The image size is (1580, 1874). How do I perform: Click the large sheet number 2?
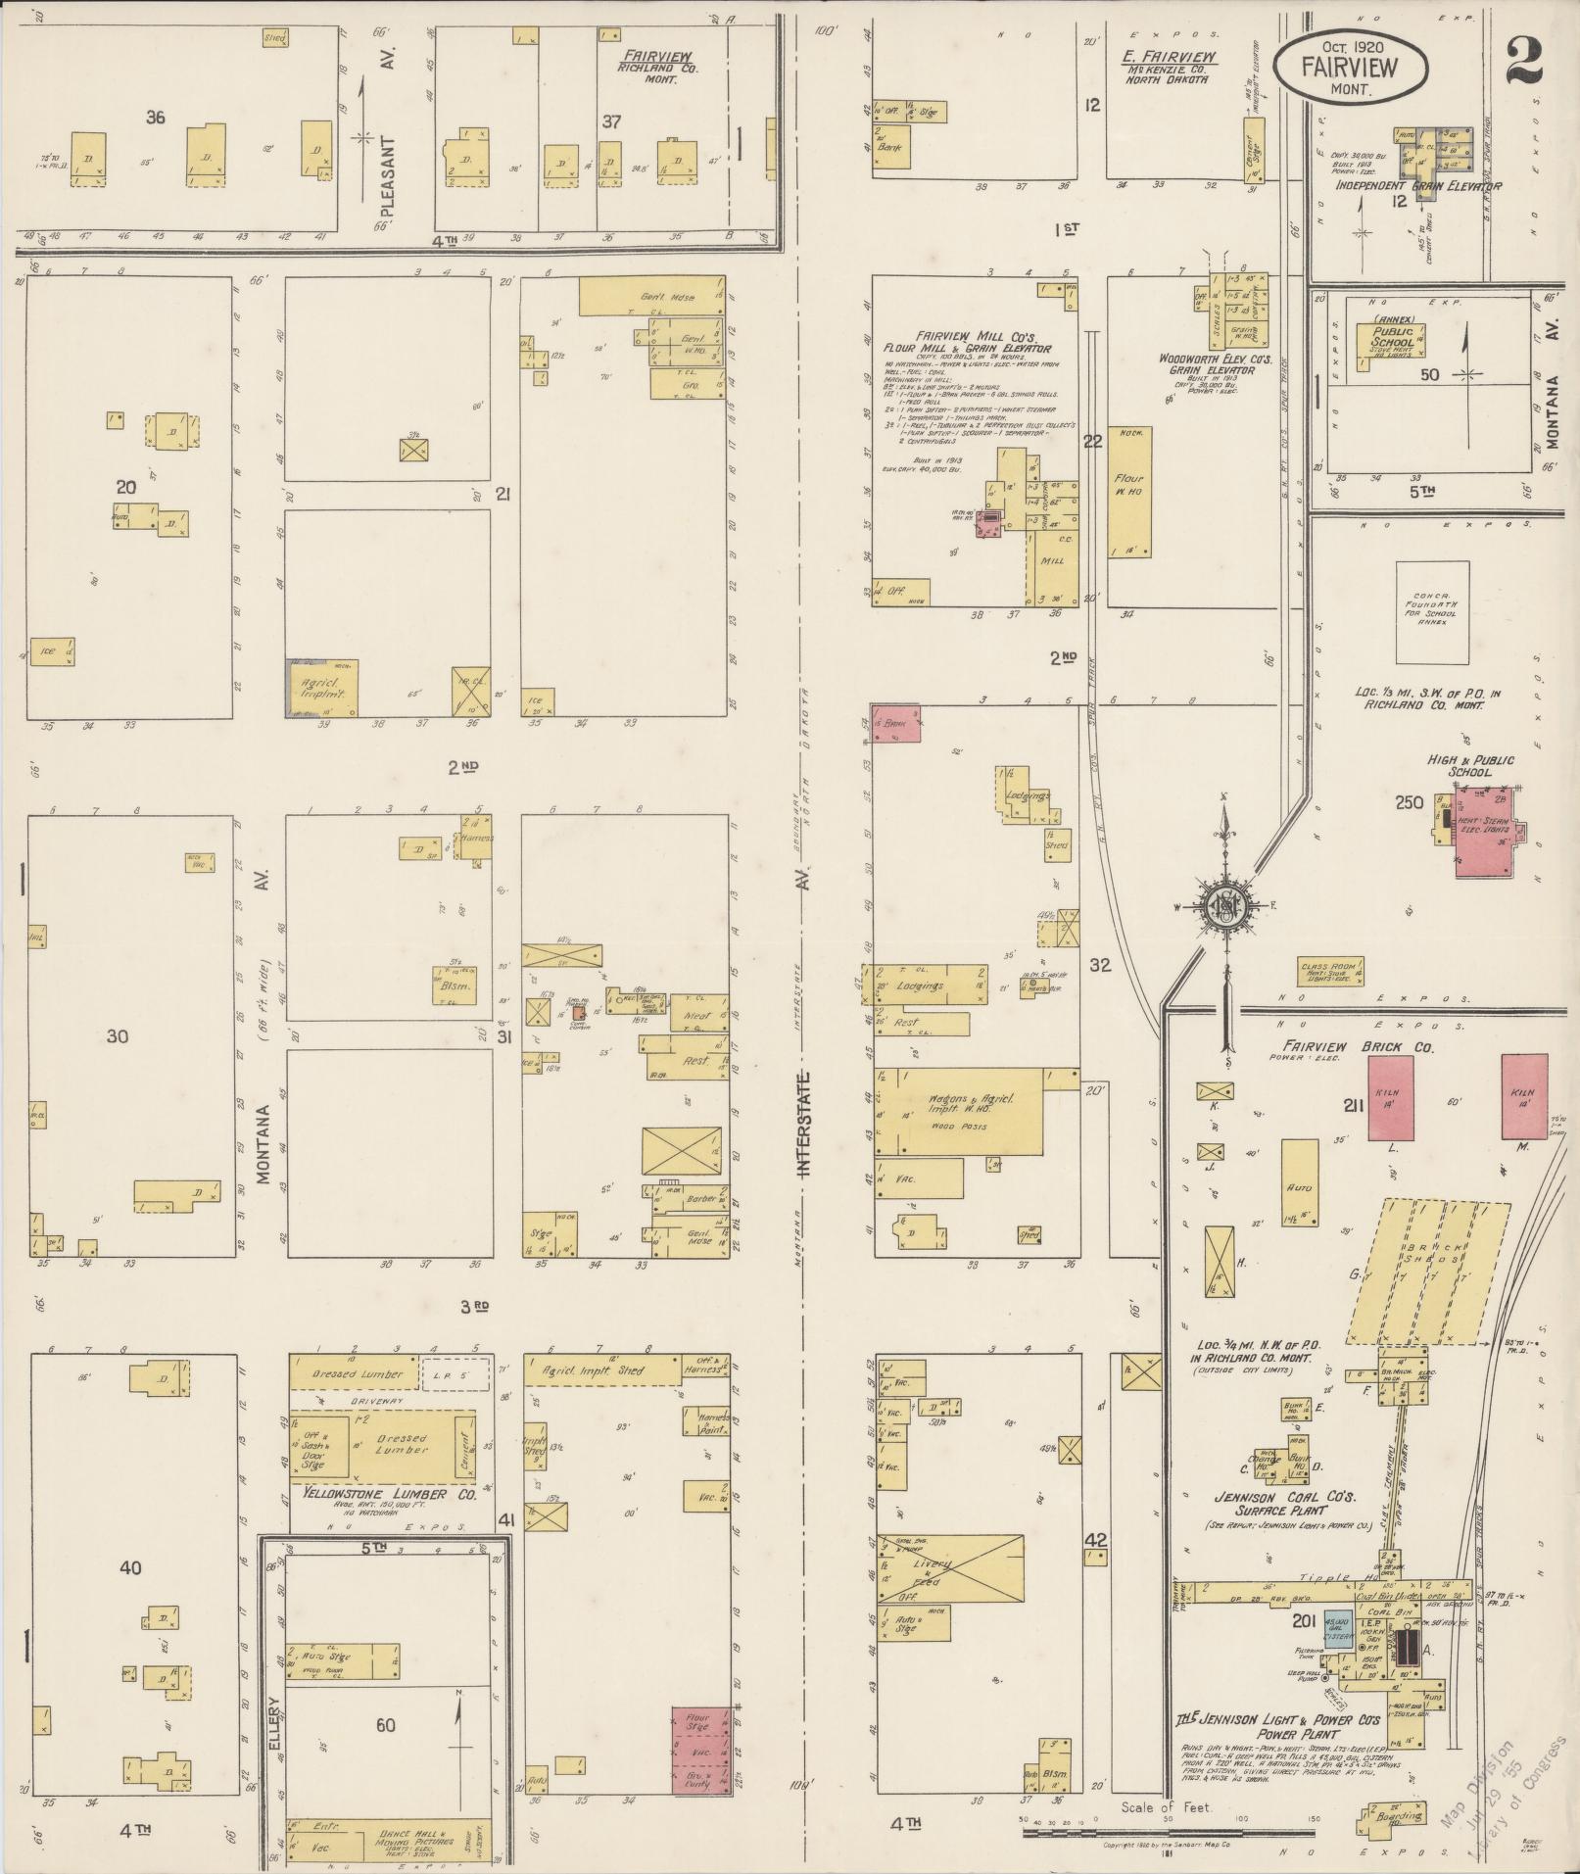click(1524, 61)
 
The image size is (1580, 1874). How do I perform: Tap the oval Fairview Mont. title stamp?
click(1350, 65)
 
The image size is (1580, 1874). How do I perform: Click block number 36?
click(155, 118)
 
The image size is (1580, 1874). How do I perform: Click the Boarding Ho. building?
click(1389, 1820)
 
